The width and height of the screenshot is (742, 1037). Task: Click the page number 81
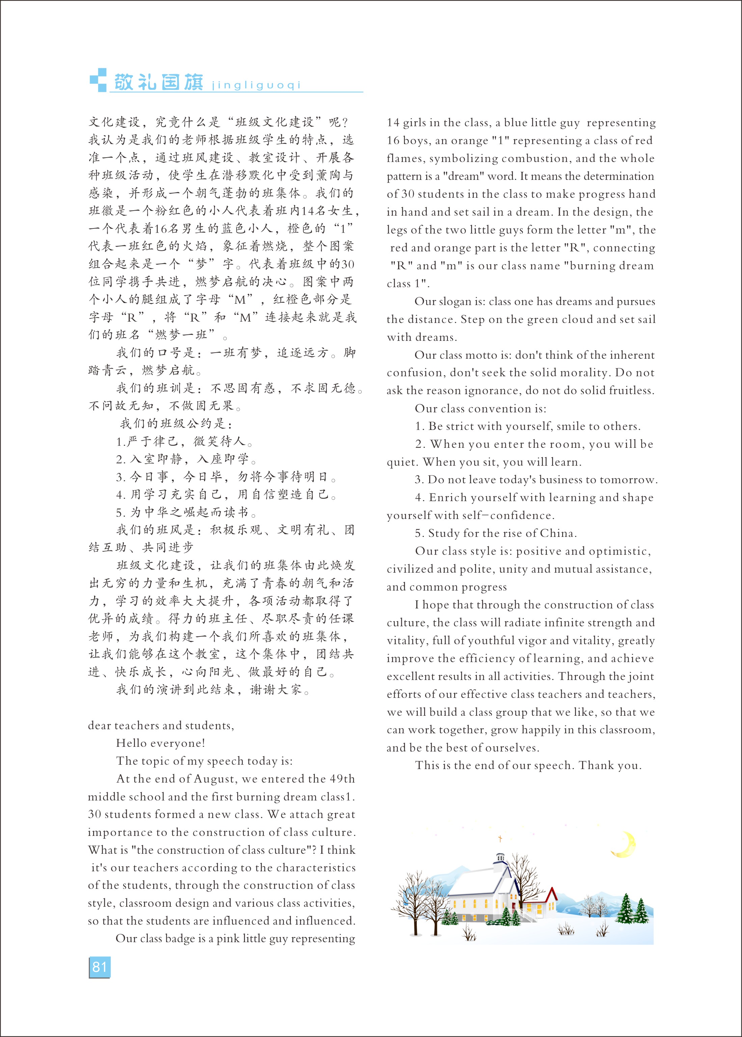(99, 967)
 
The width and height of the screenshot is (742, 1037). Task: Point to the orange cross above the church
(500, 839)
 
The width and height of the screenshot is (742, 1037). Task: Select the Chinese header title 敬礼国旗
(158, 82)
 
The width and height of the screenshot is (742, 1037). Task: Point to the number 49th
(342, 779)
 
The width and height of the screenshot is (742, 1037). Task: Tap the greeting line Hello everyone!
(160, 743)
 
